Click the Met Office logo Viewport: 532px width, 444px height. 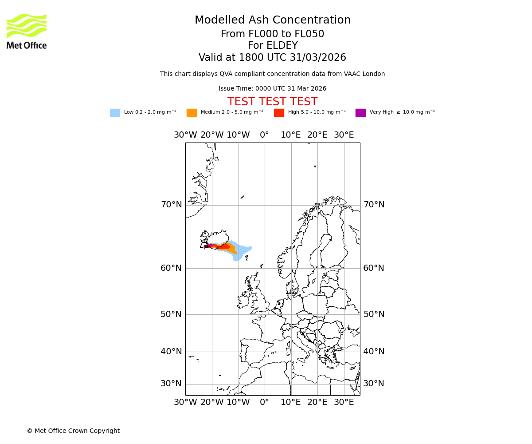tap(27, 31)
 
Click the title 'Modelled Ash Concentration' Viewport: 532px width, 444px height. tap(272, 20)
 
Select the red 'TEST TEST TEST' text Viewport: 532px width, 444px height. tap(272, 102)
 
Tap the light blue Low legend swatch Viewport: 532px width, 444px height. tap(115, 113)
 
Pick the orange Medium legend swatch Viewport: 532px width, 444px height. tap(192, 113)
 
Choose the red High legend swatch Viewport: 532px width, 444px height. tap(279, 113)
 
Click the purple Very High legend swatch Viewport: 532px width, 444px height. tap(360, 113)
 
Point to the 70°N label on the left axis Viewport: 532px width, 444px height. tap(171, 205)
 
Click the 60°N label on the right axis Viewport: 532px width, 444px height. tap(374, 268)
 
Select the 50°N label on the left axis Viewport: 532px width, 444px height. tap(171, 314)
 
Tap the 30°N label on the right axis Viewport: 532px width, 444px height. tap(374, 384)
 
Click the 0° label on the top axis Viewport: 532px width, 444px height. tap(264, 135)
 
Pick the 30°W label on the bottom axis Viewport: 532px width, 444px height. tap(185, 403)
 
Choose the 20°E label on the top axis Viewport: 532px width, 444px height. tap(317, 135)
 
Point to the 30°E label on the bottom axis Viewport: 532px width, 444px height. tap(344, 403)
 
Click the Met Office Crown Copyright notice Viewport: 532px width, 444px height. tap(73, 431)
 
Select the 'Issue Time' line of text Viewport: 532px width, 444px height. tap(272, 89)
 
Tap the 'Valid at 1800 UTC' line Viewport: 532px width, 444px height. tap(272, 58)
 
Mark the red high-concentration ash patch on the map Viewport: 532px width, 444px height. tap(225, 246)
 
